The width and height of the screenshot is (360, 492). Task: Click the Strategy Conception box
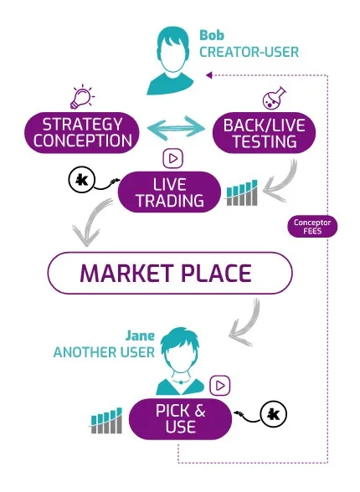tap(82, 133)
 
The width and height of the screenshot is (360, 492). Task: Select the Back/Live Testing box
tap(264, 133)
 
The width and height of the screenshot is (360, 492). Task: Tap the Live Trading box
tap(169, 192)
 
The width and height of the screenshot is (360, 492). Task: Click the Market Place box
tap(170, 273)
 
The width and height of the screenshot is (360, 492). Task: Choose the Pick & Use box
tap(181, 419)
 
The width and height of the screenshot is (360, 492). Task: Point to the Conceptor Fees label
tap(312, 227)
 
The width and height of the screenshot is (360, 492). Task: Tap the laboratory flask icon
tap(274, 98)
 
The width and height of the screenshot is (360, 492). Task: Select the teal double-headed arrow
tap(176, 127)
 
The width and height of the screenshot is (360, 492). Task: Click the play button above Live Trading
tap(173, 159)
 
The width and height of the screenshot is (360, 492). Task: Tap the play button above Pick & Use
tap(220, 385)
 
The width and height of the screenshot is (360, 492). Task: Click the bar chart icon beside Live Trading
tap(242, 193)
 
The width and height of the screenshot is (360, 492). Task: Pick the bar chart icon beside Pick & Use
tap(106, 421)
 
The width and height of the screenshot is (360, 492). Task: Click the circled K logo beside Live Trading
tap(81, 180)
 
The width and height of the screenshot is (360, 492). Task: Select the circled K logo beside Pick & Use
tap(274, 414)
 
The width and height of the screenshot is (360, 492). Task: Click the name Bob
tap(212, 35)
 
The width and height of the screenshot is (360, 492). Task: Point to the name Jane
tap(140, 336)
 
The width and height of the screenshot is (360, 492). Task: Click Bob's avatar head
tap(173, 50)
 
